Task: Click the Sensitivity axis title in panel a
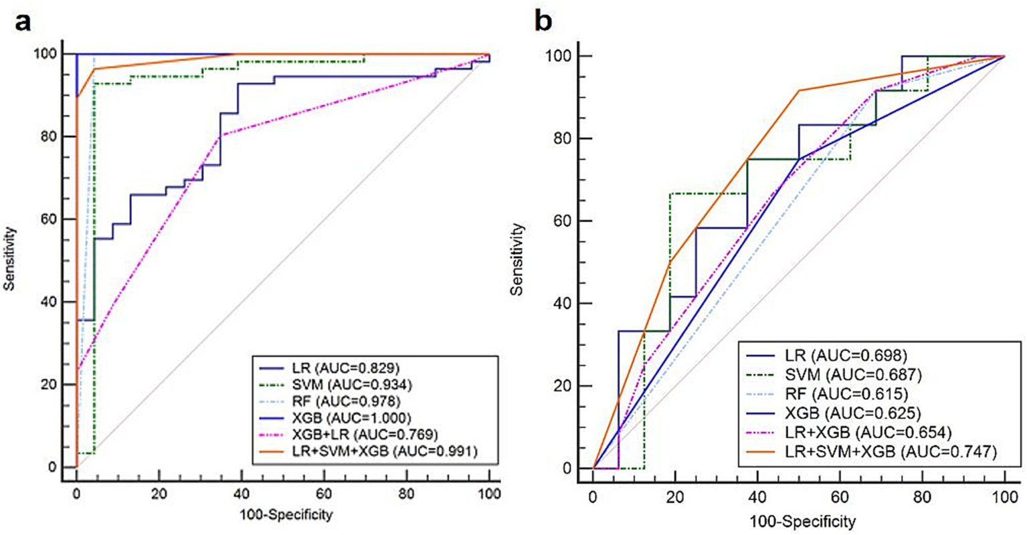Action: coord(9,259)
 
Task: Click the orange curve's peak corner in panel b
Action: coord(799,90)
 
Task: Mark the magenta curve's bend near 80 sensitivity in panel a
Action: coord(221,136)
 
